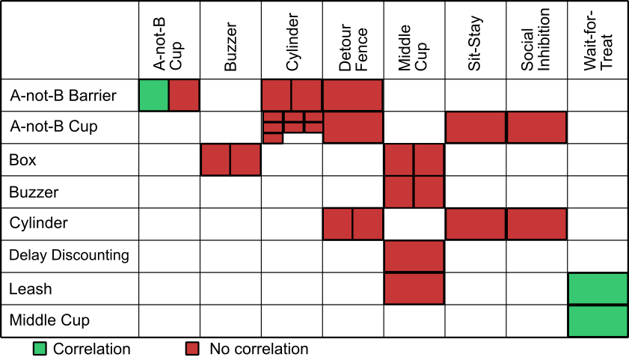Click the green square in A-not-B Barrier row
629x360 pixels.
pyautogui.click(x=153, y=95)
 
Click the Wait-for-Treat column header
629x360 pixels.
pyautogui.click(x=598, y=41)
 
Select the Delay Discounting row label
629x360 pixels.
pyautogui.click(x=69, y=255)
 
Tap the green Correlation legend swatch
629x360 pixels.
pyautogui.click(x=40, y=349)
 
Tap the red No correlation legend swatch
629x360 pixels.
pyautogui.click(x=192, y=349)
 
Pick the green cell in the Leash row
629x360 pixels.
pyautogui.click(x=598, y=289)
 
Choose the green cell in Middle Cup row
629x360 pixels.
pyautogui.click(x=598, y=321)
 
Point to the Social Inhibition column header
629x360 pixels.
pyautogui.click(x=536, y=40)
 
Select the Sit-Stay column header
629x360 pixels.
pyautogui.click(x=475, y=43)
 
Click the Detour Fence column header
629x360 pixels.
pyautogui.click(x=353, y=47)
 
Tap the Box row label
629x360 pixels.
pyautogui.click(x=22, y=159)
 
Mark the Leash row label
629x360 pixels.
pyautogui.click(x=31, y=289)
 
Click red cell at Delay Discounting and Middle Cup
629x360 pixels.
pyautogui.click(x=414, y=256)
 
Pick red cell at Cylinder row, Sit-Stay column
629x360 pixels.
pyautogui.click(x=476, y=224)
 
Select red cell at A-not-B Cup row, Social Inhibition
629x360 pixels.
pyautogui.click(x=537, y=127)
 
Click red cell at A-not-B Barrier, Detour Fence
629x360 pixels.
pyautogui.click(x=352, y=95)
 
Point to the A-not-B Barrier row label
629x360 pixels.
pyautogui.click(x=63, y=96)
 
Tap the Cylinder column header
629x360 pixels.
pyautogui.click(x=292, y=42)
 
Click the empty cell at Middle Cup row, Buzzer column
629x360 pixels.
pyautogui.click(x=230, y=321)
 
